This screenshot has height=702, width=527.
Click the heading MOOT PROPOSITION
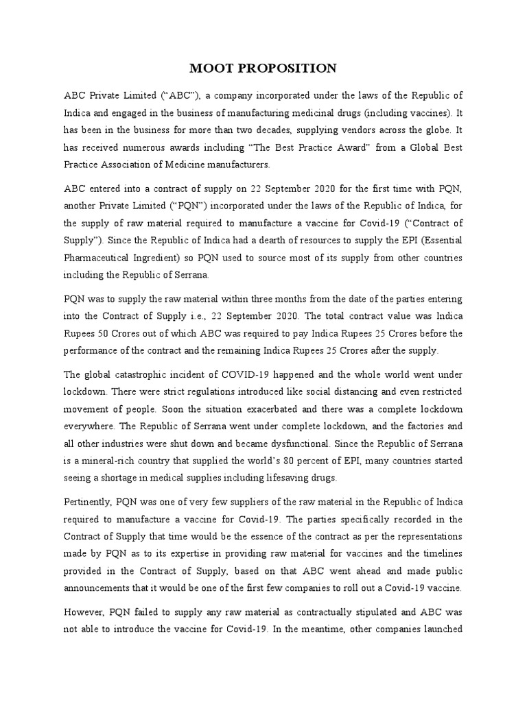point(263,68)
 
